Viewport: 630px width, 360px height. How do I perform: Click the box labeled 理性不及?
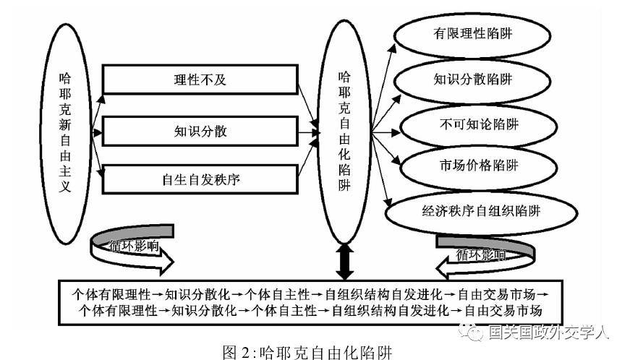200,80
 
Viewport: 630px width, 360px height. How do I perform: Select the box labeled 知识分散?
200,131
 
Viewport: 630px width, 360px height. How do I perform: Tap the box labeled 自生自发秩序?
200,179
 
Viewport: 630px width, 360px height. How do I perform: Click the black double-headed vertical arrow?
345,260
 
